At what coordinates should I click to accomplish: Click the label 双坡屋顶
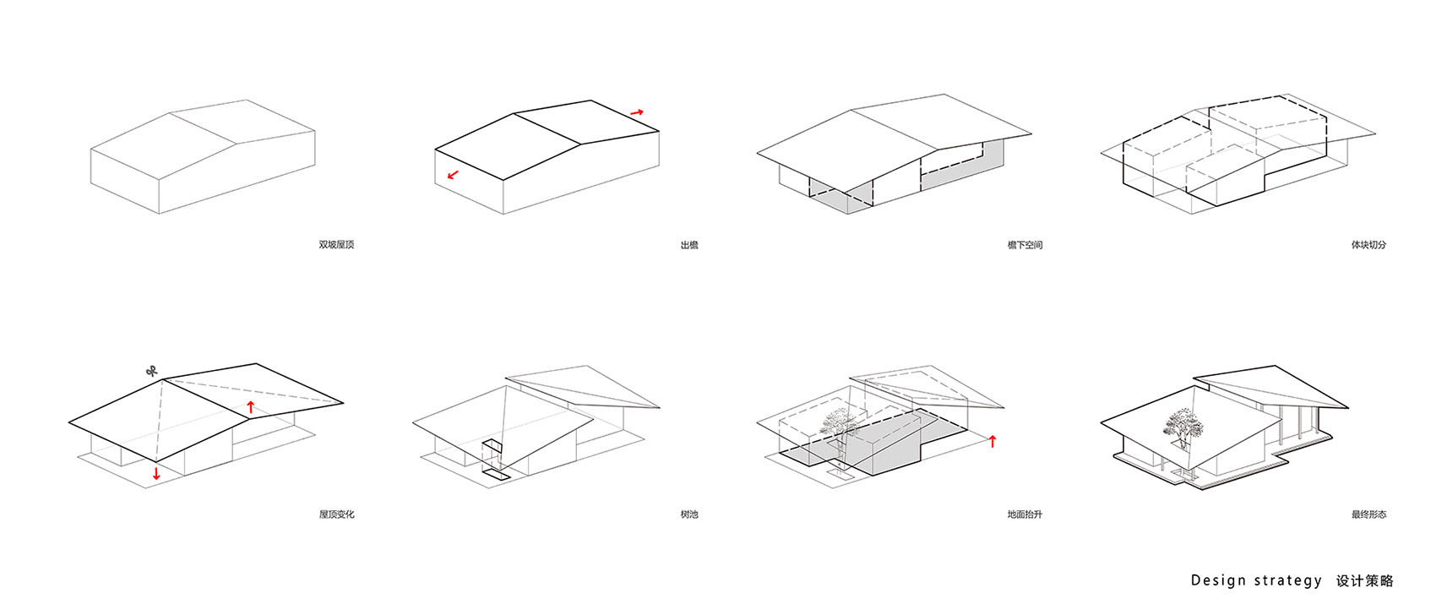click(336, 244)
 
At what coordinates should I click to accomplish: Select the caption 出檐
click(689, 245)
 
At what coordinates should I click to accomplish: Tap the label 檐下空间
click(1025, 245)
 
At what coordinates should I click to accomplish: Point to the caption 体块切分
click(1368, 244)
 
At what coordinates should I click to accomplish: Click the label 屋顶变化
click(336, 514)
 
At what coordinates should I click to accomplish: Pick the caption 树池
click(689, 514)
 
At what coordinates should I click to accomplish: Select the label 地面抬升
click(1025, 514)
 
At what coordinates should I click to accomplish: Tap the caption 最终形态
click(1368, 514)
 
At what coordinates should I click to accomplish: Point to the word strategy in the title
click(1288, 581)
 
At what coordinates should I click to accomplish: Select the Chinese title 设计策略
click(1365, 581)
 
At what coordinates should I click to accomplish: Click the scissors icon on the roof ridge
click(152, 372)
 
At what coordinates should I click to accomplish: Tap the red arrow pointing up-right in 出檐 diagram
click(637, 113)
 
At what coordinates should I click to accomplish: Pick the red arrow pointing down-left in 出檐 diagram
click(454, 174)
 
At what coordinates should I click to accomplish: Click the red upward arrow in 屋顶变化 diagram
click(251, 406)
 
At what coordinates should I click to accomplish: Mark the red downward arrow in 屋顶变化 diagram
click(155, 474)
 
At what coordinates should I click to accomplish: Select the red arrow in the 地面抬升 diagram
click(993, 441)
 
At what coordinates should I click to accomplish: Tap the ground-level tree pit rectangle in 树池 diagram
click(496, 475)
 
